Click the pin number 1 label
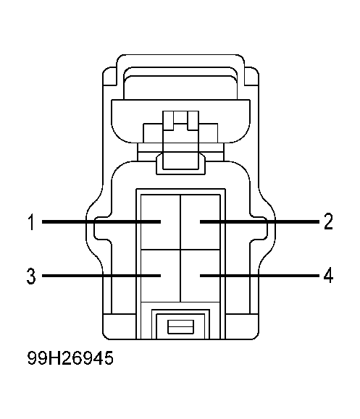tap(32, 221)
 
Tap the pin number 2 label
tap(328, 221)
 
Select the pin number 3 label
tap(31, 276)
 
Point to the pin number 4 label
tap(328, 275)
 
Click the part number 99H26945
tap(70, 357)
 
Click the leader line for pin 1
tap(101, 221)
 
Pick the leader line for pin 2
tap(259, 221)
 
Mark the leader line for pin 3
tap(101, 276)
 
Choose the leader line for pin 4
tap(259, 275)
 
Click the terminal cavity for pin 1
tap(161, 222)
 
